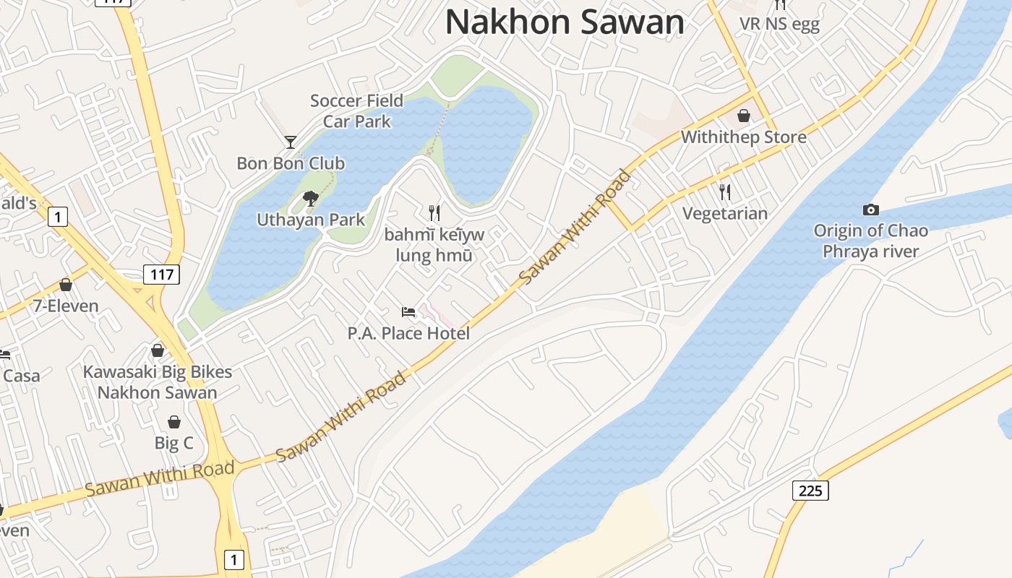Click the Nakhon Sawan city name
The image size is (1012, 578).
click(565, 22)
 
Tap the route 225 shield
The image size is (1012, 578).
click(810, 491)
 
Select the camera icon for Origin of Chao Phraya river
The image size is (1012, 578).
click(871, 210)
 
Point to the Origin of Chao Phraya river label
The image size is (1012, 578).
click(870, 241)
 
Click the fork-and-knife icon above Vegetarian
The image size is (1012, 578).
click(725, 192)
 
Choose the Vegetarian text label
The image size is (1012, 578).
click(725, 214)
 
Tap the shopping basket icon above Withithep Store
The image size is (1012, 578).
click(743, 116)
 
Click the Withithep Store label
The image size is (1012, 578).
click(743, 137)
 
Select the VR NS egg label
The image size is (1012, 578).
click(779, 24)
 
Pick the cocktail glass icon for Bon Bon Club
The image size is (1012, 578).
click(291, 142)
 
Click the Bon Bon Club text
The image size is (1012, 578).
click(291, 163)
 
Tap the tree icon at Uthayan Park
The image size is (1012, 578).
click(311, 198)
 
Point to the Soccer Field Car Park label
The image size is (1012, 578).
click(356, 111)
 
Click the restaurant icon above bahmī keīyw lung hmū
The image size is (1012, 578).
click(434, 212)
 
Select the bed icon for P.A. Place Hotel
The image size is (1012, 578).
click(408, 312)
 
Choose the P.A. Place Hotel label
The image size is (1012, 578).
click(408, 333)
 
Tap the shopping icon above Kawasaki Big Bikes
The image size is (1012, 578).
click(158, 350)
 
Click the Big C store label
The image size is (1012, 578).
click(173, 443)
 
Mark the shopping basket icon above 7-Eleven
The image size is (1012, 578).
click(66, 285)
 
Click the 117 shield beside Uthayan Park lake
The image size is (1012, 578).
click(161, 274)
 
